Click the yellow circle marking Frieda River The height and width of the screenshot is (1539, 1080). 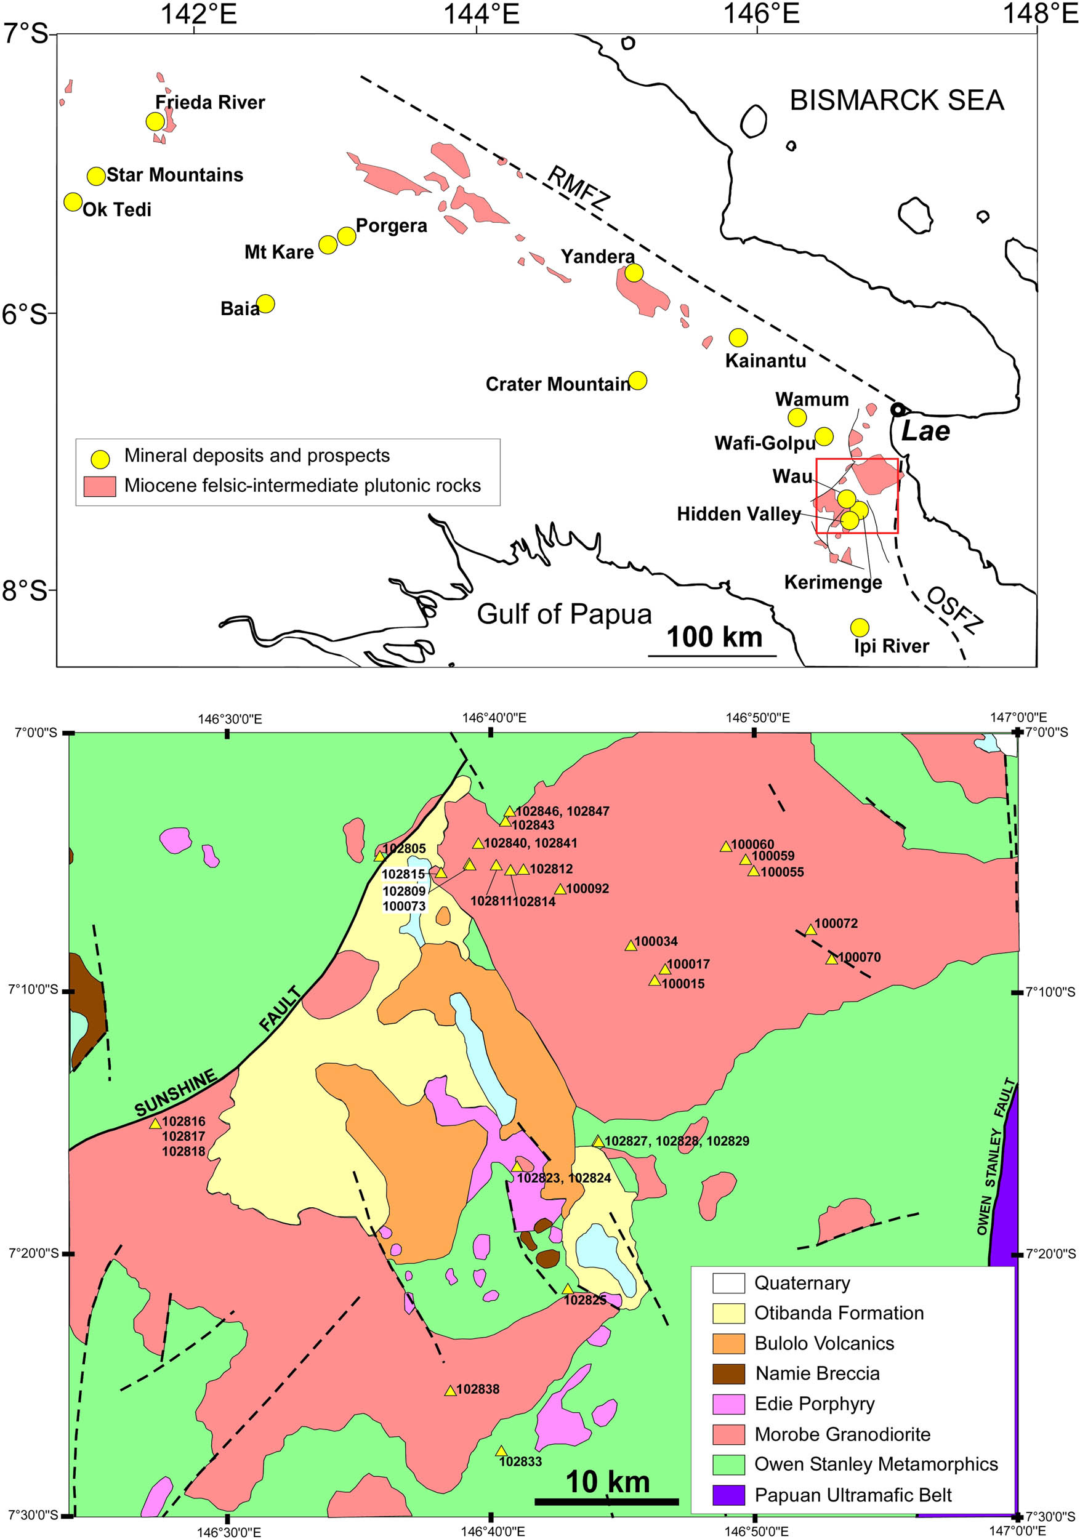[x=155, y=121]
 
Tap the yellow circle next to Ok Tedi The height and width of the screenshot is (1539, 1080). [x=73, y=202]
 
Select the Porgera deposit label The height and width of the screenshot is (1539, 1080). [x=391, y=226]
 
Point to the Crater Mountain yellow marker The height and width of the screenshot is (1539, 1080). [x=637, y=380]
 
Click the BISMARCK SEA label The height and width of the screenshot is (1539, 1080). [x=897, y=100]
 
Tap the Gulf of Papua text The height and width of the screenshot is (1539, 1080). [x=564, y=614]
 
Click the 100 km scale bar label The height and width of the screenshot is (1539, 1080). [x=714, y=637]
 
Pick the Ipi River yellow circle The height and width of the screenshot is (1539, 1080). [x=860, y=627]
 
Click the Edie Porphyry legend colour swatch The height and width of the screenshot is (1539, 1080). [x=728, y=1404]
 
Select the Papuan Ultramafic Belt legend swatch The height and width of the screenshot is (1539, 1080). [x=728, y=1495]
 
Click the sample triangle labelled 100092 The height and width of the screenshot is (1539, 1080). [x=560, y=890]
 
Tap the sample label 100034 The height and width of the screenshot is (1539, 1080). [x=656, y=942]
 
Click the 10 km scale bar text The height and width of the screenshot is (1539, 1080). [x=607, y=1482]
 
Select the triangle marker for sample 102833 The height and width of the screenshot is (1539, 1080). [x=501, y=1451]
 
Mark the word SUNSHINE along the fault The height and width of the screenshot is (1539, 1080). [x=175, y=1093]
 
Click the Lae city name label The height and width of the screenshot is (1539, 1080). [x=925, y=431]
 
